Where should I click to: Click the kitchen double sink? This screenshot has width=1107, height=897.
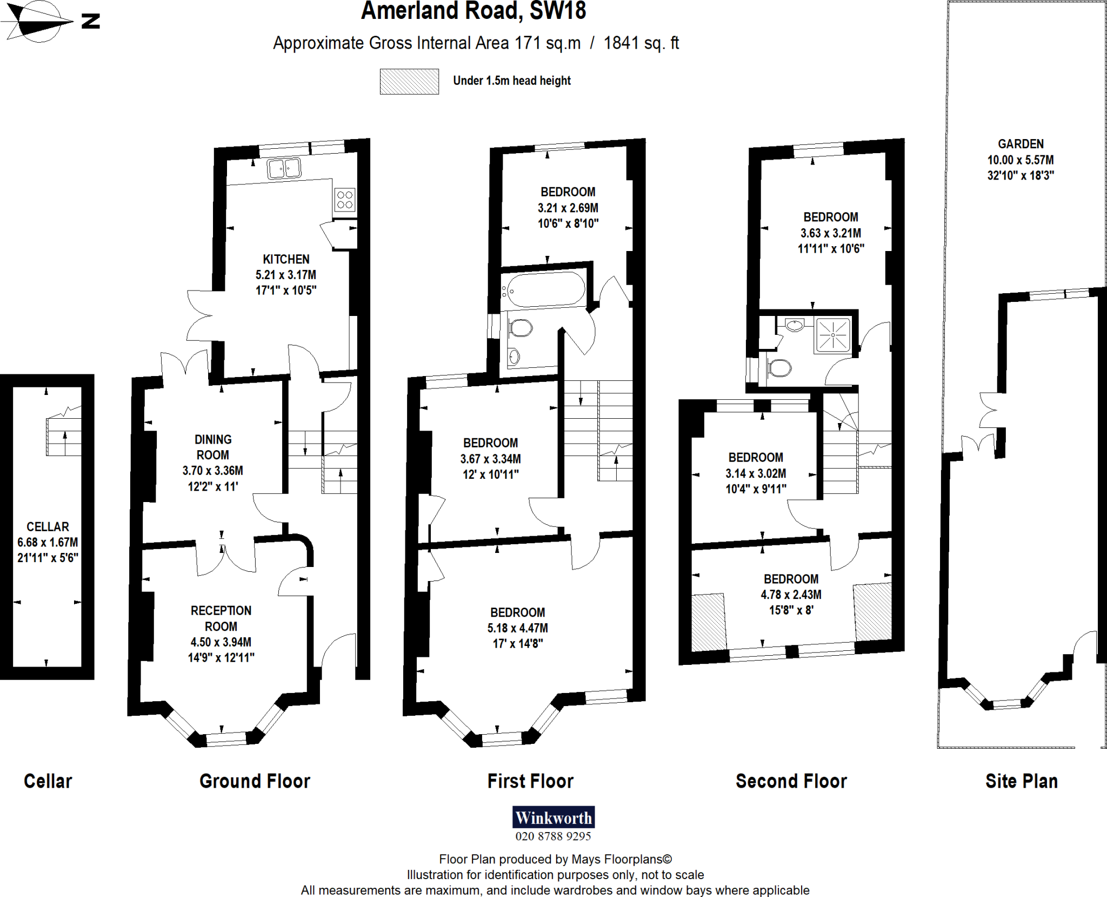pyautogui.click(x=284, y=168)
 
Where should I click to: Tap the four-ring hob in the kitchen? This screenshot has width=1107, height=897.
pyautogui.click(x=344, y=199)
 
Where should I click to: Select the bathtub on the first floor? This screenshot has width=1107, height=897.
pyautogui.click(x=544, y=289)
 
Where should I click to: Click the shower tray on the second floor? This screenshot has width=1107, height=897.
pyautogui.click(x=832, y=335)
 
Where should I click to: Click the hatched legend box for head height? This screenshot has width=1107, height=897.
pyautogui.click(x=409, y=82)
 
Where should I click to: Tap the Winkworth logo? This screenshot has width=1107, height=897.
pyautogui.click(x=553, y=817)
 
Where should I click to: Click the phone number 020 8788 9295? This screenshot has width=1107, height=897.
pyautogui.click(x=553, y=836)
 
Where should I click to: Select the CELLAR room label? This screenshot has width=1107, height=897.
pyautogui.click(x=48, y=526)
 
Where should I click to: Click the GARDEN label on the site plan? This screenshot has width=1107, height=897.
pyautogui.click(x=1021, y=144)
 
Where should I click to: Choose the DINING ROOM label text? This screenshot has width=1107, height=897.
pyautogui.click(x=213, y=447)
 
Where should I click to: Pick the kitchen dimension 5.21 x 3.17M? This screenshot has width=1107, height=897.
pyautogui.click(x=286, y=275)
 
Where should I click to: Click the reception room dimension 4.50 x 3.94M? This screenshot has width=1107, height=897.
pyautogui.click(x=221, y=642)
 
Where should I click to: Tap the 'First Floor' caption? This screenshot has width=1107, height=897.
pyautogui.click(x=530, y=781)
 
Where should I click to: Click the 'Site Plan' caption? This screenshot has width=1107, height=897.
pyautogui.click(x=1021, y=781)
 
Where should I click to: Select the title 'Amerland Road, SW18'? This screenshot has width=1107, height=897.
pyautogui.click(x=474, y=11)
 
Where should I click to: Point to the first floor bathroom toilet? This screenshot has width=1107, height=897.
pyautogui.click(x=520, y=328)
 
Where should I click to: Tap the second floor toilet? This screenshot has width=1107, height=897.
pyautogui.click(x=779, y=368)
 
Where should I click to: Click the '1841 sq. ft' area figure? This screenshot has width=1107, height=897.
pyautogui.click(x=641, y=43)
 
